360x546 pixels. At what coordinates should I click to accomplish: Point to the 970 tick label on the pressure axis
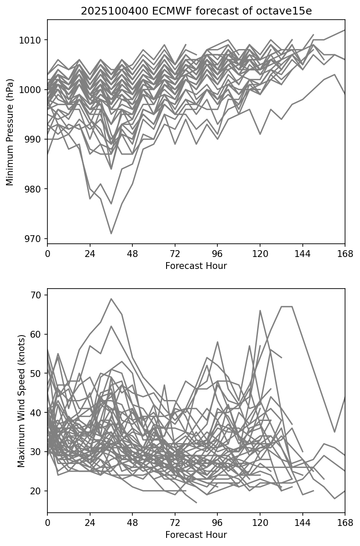[x=33, y=239]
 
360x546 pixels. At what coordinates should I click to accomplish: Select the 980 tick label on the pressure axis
[x=33, y=189]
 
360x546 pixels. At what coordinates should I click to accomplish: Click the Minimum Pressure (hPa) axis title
[x=10, y=132]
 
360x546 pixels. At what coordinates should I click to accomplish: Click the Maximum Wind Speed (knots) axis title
[x=21, y=401]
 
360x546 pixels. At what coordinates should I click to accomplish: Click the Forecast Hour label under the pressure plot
[x=196, y=266]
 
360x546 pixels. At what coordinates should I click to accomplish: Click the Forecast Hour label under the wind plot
[x=196, y=535]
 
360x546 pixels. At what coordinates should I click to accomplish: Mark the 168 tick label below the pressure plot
[x=345, y=254]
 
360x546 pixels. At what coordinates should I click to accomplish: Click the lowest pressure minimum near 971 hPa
[x=111, y=234]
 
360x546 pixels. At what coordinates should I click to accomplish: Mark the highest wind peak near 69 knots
[x=111, y=299]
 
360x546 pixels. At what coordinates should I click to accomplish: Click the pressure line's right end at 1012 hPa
[x=345, y=30]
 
